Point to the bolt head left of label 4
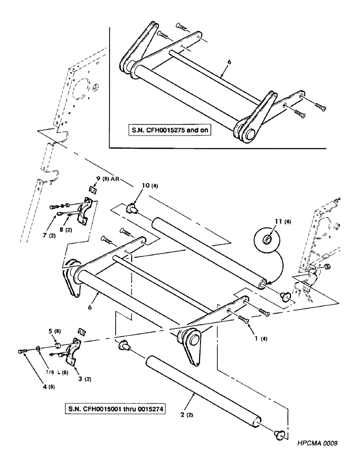tap(21, 349)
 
